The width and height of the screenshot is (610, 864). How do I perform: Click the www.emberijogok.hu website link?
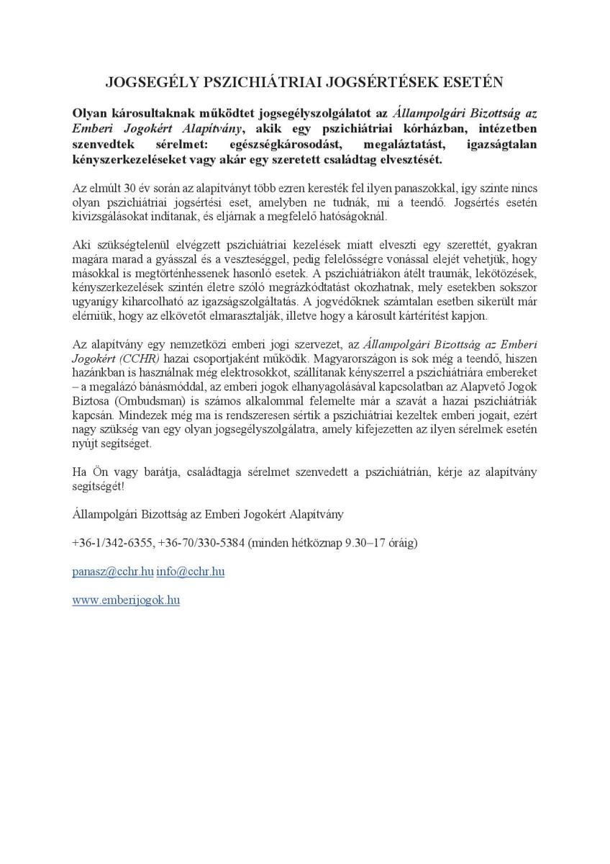coord(126,600)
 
